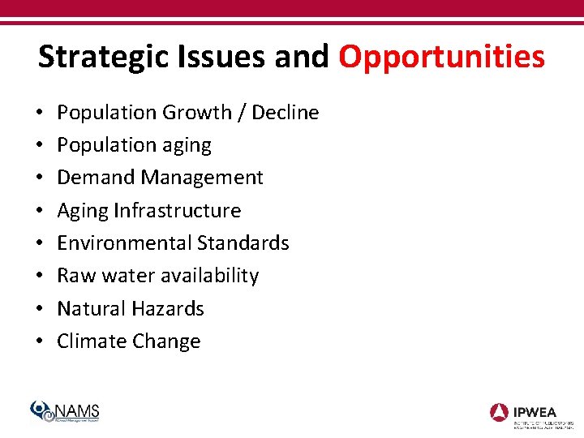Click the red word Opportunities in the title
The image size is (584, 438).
[x=441, y=58]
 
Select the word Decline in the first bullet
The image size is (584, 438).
[x=286, y=112]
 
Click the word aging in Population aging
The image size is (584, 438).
[x=186, y=146]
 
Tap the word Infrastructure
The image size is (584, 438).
[x=177, y=210]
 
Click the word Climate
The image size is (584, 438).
[x=89, y=341]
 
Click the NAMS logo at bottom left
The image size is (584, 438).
[x=65, y=411]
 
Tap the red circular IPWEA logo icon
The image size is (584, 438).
[x=499, y=411]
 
